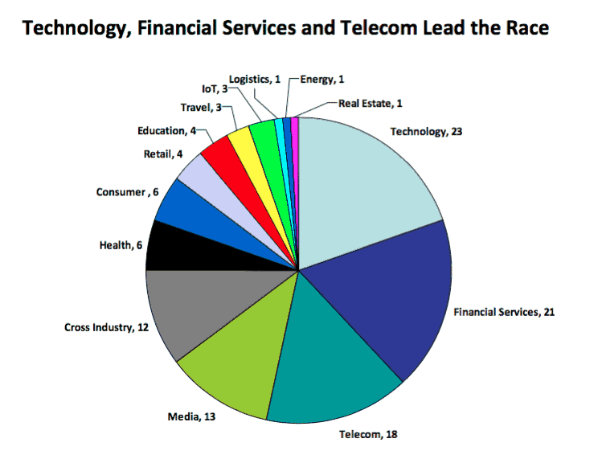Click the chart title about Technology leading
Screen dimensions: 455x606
point(286,29)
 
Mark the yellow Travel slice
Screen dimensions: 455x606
point(240,138)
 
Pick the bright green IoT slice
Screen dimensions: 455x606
point(262,130)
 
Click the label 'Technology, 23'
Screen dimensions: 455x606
point(423,131)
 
